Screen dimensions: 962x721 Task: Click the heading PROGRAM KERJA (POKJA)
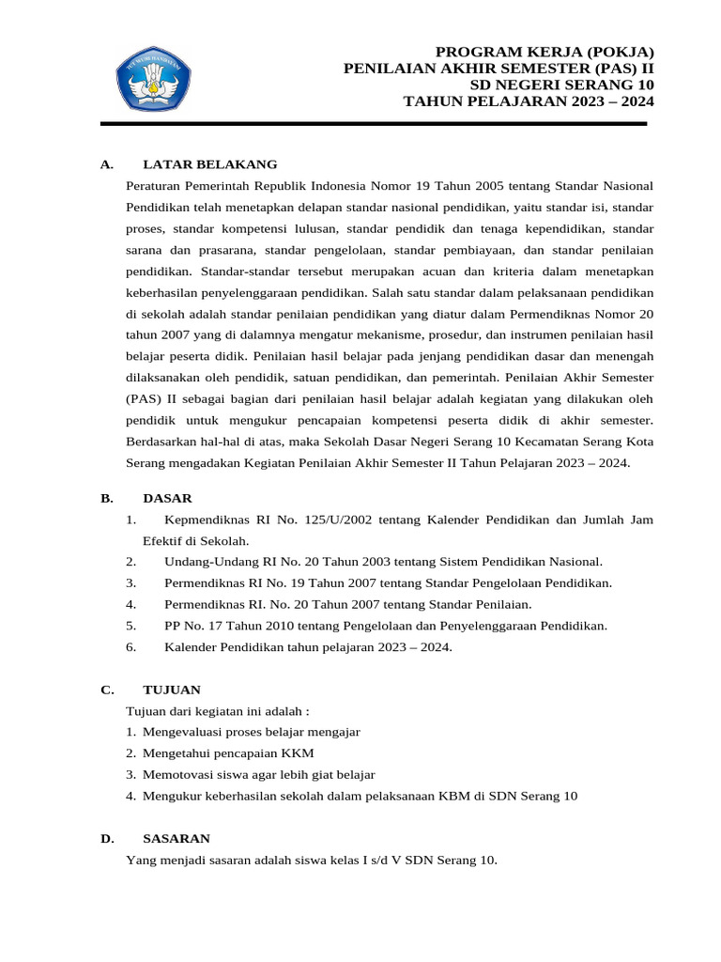pyautogui.click(x=545, y=52)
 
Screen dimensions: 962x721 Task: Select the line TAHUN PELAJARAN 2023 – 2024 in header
pyautogui.click(x=529, y=102)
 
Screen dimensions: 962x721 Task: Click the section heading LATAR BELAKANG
pyautogui.click(x=209, y=164)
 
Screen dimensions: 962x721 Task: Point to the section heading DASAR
pyautogui.click(x=167, y=498)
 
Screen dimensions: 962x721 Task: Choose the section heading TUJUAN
pyautogui.click(x=172, y=690)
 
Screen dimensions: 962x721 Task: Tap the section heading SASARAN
pyautogui.click(x=176, y=838)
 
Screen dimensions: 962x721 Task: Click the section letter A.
pyautogui.click(x=106, y=164)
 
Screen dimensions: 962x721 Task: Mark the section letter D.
pyautogui.click(x=107, y=838)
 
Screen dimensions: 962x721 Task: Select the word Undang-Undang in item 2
pyautogui.click(x=204, y=562)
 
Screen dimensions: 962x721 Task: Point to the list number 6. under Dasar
pyautogui.click(x=130, y=647)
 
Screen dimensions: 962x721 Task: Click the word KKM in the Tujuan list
pyautogui.click(x=299, y=753)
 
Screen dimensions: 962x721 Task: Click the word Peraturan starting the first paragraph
pyautogui.click(x=152, y=185)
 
